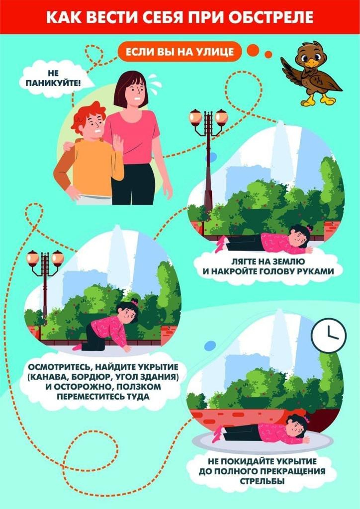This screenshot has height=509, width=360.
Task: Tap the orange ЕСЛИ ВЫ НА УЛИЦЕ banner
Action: pos(180,51)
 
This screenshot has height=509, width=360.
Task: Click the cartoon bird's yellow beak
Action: pos(312,63)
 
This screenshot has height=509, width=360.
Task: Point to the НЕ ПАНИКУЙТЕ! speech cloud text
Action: pos(54,79)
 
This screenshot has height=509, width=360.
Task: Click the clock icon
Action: pos(329,335)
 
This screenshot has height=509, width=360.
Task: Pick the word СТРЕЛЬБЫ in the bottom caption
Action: pos(262,481)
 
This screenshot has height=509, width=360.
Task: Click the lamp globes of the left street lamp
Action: pos(45,258)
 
